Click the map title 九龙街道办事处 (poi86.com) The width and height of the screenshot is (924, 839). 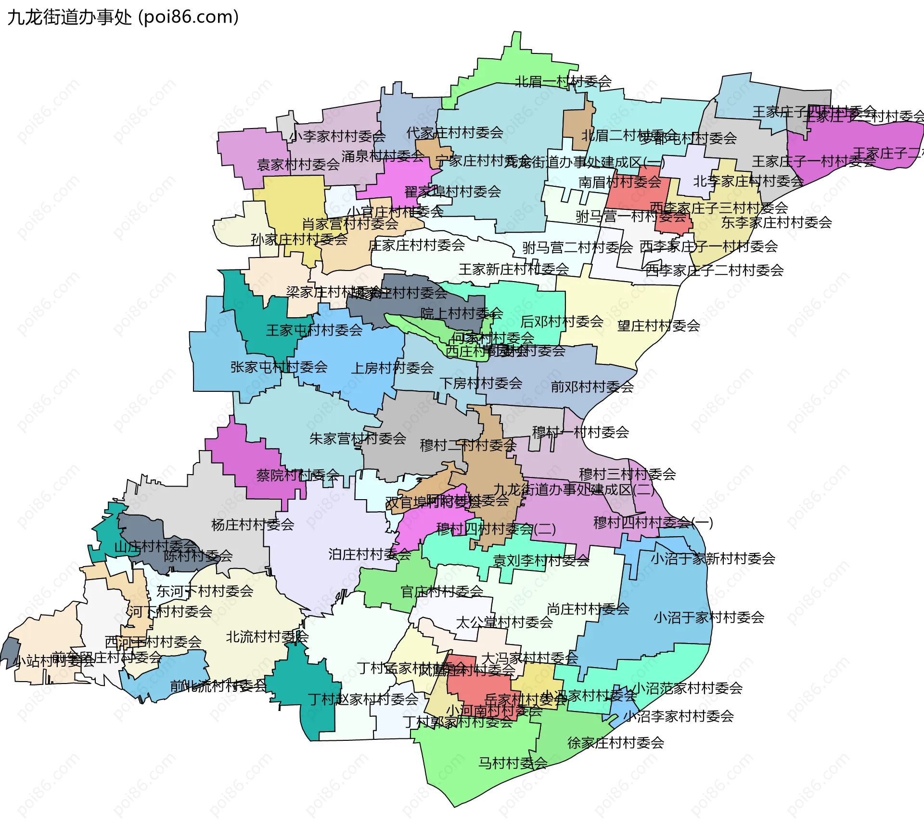click(x=123, y=17)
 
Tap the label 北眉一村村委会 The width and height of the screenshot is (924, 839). click(x=563, y=81)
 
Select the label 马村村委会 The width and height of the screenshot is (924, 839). click(x=513, y=763)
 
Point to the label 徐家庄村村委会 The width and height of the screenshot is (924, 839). click(x=616, y=743)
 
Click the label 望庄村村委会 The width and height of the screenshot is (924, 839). click(x=658, y=326)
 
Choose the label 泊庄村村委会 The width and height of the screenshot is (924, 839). click(x=370, y=555)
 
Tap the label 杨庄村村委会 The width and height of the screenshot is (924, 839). click(x=253, y=525)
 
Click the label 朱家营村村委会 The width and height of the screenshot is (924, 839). click(x=358, y=439)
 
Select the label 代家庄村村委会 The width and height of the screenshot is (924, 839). click(x=454, y=132)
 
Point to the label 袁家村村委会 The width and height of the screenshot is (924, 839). click(x=298, y=165)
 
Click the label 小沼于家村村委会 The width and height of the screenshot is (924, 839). click(x=708, y=617)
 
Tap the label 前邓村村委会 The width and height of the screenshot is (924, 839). click(x=592, y=387)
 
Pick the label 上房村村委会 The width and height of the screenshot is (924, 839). click(x=392, y=368)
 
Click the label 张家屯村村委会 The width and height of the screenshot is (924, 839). click(x=279, y=367)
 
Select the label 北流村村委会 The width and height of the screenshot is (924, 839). click(x=267, y=637)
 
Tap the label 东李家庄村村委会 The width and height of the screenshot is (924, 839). click(x=776, y=222)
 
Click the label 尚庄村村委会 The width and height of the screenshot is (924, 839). click(x=588, y=609)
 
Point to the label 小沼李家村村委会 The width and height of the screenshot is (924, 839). click(x=678, y=716)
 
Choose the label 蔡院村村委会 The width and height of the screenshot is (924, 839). click(x=297, y=475)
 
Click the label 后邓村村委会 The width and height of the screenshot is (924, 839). click(x=562, y=321)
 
